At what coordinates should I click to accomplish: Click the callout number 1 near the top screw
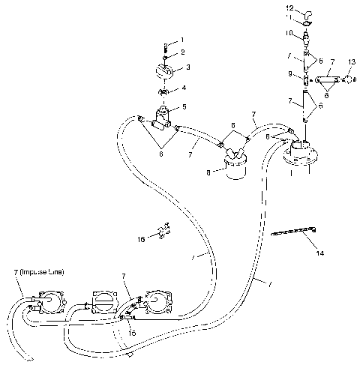pyautogui.click(x=181, y=39)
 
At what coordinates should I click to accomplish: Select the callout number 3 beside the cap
pyautogui.click(x=187, y=67)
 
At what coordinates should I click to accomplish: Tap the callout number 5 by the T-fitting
pyautogui.click(x=184, y=107)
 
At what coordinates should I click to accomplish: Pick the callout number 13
pyautogui.click(x=352, y=61)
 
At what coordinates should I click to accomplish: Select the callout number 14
pyautogui.click(x=320, y=253)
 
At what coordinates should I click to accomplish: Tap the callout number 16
pyautogui.click(x=142, y=239)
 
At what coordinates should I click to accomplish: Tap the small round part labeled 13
pyautogui.click(x=349, y=79)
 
